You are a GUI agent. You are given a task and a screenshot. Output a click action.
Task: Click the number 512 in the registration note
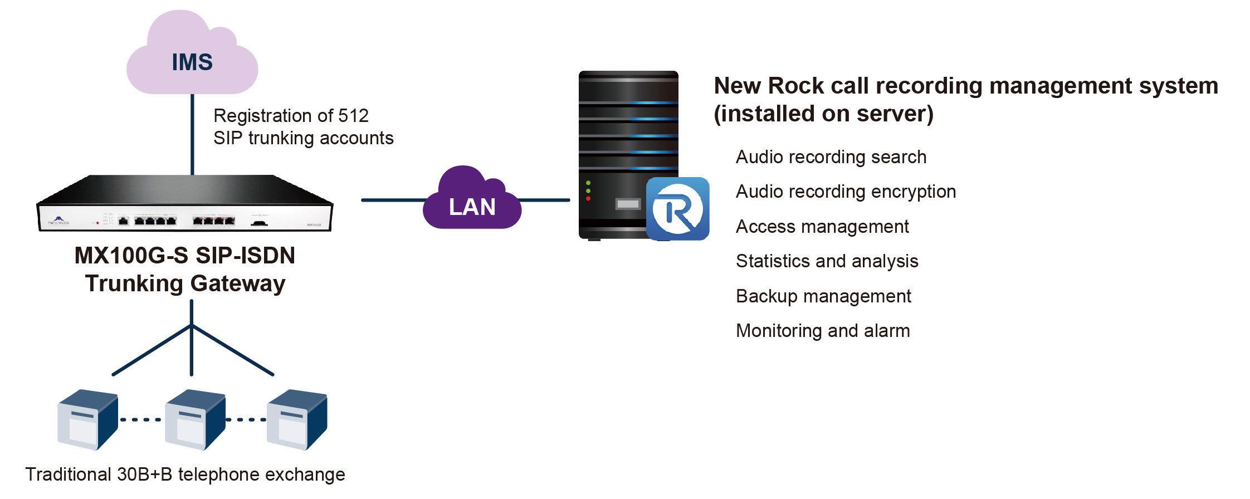pos(353,116)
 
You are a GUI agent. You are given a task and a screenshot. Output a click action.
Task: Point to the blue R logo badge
pos(677,209)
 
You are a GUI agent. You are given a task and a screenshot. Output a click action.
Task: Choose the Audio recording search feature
pos(831,157)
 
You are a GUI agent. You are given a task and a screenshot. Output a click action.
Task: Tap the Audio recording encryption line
pos(846,192)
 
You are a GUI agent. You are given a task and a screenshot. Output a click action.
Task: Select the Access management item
pos(822,227)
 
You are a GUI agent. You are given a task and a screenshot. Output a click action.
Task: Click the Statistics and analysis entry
pos(827,261)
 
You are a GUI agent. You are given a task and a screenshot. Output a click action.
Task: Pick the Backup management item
pos(823,296)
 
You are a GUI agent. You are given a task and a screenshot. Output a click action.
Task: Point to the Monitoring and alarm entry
pos(823,331)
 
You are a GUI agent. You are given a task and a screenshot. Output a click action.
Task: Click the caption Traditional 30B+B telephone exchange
pos(185,474)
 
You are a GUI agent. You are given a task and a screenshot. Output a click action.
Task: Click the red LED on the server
pos(588,199)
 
